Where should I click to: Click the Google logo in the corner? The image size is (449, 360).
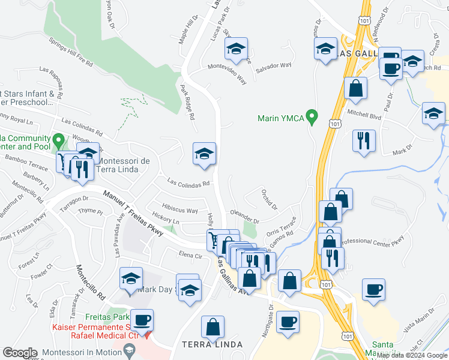(x=20, y=353)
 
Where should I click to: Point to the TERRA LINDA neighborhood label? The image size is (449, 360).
(x=212, y=344)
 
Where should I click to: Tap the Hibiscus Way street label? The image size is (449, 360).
(x=176, y=210)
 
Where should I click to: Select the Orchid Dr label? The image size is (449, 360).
(x=269, y=199)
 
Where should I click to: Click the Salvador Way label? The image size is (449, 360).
(x=273, y=66)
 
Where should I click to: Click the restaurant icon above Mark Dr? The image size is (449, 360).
(x=364, y=142)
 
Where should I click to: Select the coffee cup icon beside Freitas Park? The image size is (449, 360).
(x=142, y=320)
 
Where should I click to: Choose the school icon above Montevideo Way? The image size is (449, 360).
(x=237, y=50)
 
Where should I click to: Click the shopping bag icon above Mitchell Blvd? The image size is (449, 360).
(x=356, y=88)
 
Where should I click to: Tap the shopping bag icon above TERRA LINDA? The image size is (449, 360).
(x=212, y=328)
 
